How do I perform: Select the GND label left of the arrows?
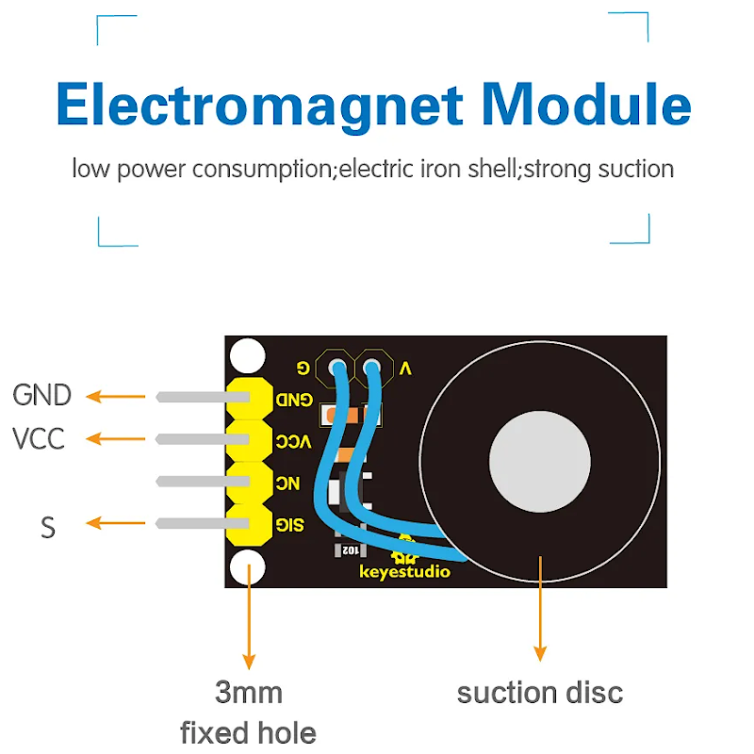pyautogui.click(x=41, y=396)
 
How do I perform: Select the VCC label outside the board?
pyautogui.click(x=39, y=438)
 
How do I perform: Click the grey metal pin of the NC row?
pyautogui.click(x=193, y=482)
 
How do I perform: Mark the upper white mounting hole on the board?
pyautogui.click(x=248, y=354)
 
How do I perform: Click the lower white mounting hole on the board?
pyautogui.click(x=248, y=568)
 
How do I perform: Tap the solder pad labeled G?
pyautogui.click(x=334, y=366)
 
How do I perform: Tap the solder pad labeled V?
pyautogui.click(x=373, y=366)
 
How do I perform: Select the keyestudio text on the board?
pyautogui.click(x=405, y=572)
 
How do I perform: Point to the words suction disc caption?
pyautogui.click(x=540, y=694)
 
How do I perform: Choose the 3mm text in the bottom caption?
pyautogui.click(x=248, y=694)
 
